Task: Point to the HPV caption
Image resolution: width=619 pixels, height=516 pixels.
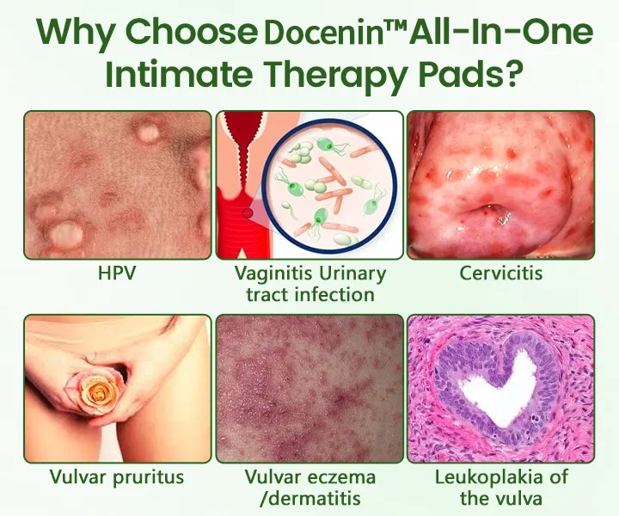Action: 117,273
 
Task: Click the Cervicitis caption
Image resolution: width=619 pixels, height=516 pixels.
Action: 501,273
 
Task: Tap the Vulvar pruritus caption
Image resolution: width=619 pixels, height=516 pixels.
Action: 117,476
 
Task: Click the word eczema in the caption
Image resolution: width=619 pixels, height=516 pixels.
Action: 343,477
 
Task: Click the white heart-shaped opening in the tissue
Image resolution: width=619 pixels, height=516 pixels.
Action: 499,388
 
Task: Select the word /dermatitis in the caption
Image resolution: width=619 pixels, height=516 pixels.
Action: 309,498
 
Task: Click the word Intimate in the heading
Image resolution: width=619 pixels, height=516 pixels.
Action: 179,74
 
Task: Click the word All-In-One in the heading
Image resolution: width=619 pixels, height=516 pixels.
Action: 501,34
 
